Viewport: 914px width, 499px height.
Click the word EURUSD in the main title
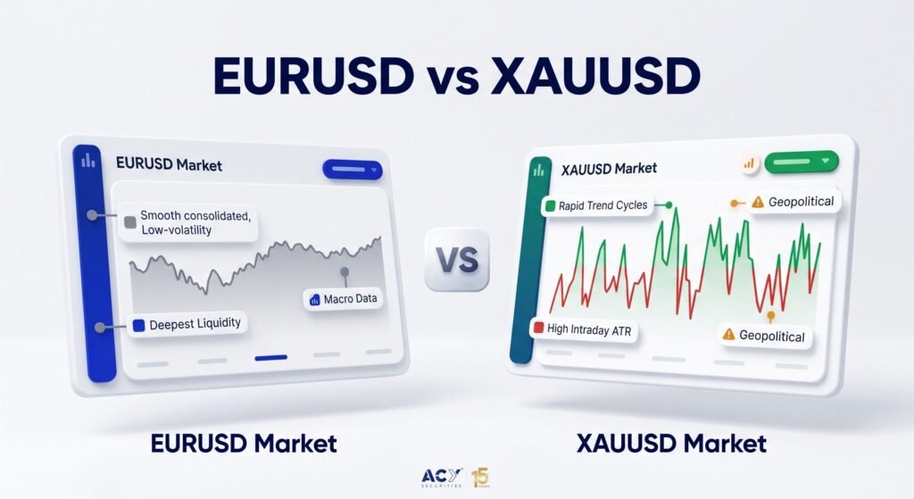point(313,76)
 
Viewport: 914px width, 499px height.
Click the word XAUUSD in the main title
point(595,76)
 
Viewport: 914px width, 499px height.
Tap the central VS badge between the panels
point(457,260)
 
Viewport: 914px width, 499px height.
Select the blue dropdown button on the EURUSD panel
point(352,170)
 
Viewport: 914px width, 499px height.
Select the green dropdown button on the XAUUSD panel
point(801,162)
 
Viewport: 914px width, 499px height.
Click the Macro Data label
point(343,299)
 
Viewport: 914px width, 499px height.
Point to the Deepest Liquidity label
point(187,324)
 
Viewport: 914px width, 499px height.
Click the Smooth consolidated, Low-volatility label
point(188,222)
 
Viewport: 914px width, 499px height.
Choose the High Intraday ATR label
point(583,330)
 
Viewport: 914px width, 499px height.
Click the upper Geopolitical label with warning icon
point(794,203)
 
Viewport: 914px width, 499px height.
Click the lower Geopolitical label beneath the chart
point(765,335)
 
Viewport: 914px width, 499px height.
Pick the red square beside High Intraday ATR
point(538,328)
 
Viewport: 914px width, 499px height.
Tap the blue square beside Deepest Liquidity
point(138,326)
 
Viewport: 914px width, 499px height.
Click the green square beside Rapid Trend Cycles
point(550,206)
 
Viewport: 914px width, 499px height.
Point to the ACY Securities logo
point(442,478)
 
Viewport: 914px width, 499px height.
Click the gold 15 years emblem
point(480,478)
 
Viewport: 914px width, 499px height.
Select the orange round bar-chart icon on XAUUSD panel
point(749,164)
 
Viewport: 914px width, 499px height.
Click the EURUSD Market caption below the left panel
point(244,444)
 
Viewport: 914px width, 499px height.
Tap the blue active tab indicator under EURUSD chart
point(271,357)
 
